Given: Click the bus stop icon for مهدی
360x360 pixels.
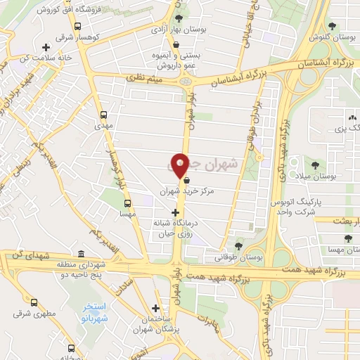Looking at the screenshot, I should click(x=105, y=115).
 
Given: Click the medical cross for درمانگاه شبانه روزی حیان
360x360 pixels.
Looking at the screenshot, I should click(x=176, y=212).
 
